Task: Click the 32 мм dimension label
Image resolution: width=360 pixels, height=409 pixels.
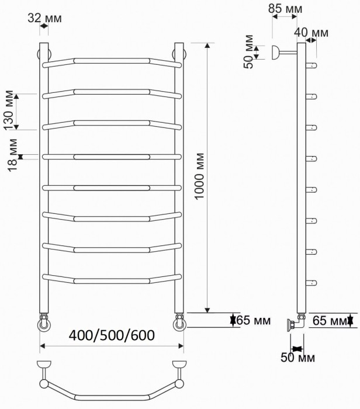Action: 44,18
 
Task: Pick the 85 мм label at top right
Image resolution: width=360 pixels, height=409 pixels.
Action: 285,9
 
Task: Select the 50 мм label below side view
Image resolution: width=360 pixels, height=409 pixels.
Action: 298,358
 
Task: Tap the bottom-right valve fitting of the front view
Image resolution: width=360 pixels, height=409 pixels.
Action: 180,323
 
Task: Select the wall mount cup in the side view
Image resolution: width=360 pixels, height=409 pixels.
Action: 276,53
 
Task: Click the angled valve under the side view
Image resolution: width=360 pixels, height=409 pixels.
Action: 294,323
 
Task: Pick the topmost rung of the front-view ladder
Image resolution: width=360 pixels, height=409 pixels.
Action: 112,60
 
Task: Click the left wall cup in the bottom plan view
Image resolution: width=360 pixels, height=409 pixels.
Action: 43,365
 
